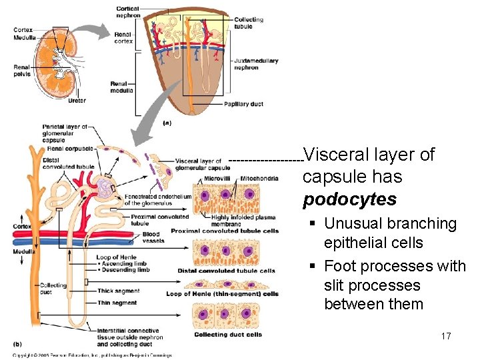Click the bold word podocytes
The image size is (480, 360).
349,199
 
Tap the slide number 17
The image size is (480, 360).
446,336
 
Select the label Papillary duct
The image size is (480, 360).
243,104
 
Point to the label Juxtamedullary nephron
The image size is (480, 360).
255,64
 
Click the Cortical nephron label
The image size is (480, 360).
127,11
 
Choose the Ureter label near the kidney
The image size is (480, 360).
77,101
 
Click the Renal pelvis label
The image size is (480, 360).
22,70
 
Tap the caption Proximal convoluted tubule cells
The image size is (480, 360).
225,231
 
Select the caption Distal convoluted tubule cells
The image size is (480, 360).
226,271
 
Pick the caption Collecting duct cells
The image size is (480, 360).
228,335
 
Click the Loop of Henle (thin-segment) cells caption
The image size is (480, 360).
222,293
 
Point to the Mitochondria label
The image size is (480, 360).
259,179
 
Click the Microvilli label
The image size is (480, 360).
217,179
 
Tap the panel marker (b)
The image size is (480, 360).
18,344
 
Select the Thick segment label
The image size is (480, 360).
118,291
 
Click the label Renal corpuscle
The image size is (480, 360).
70,148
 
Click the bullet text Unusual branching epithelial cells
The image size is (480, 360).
390,233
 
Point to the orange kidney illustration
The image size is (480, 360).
56,63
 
